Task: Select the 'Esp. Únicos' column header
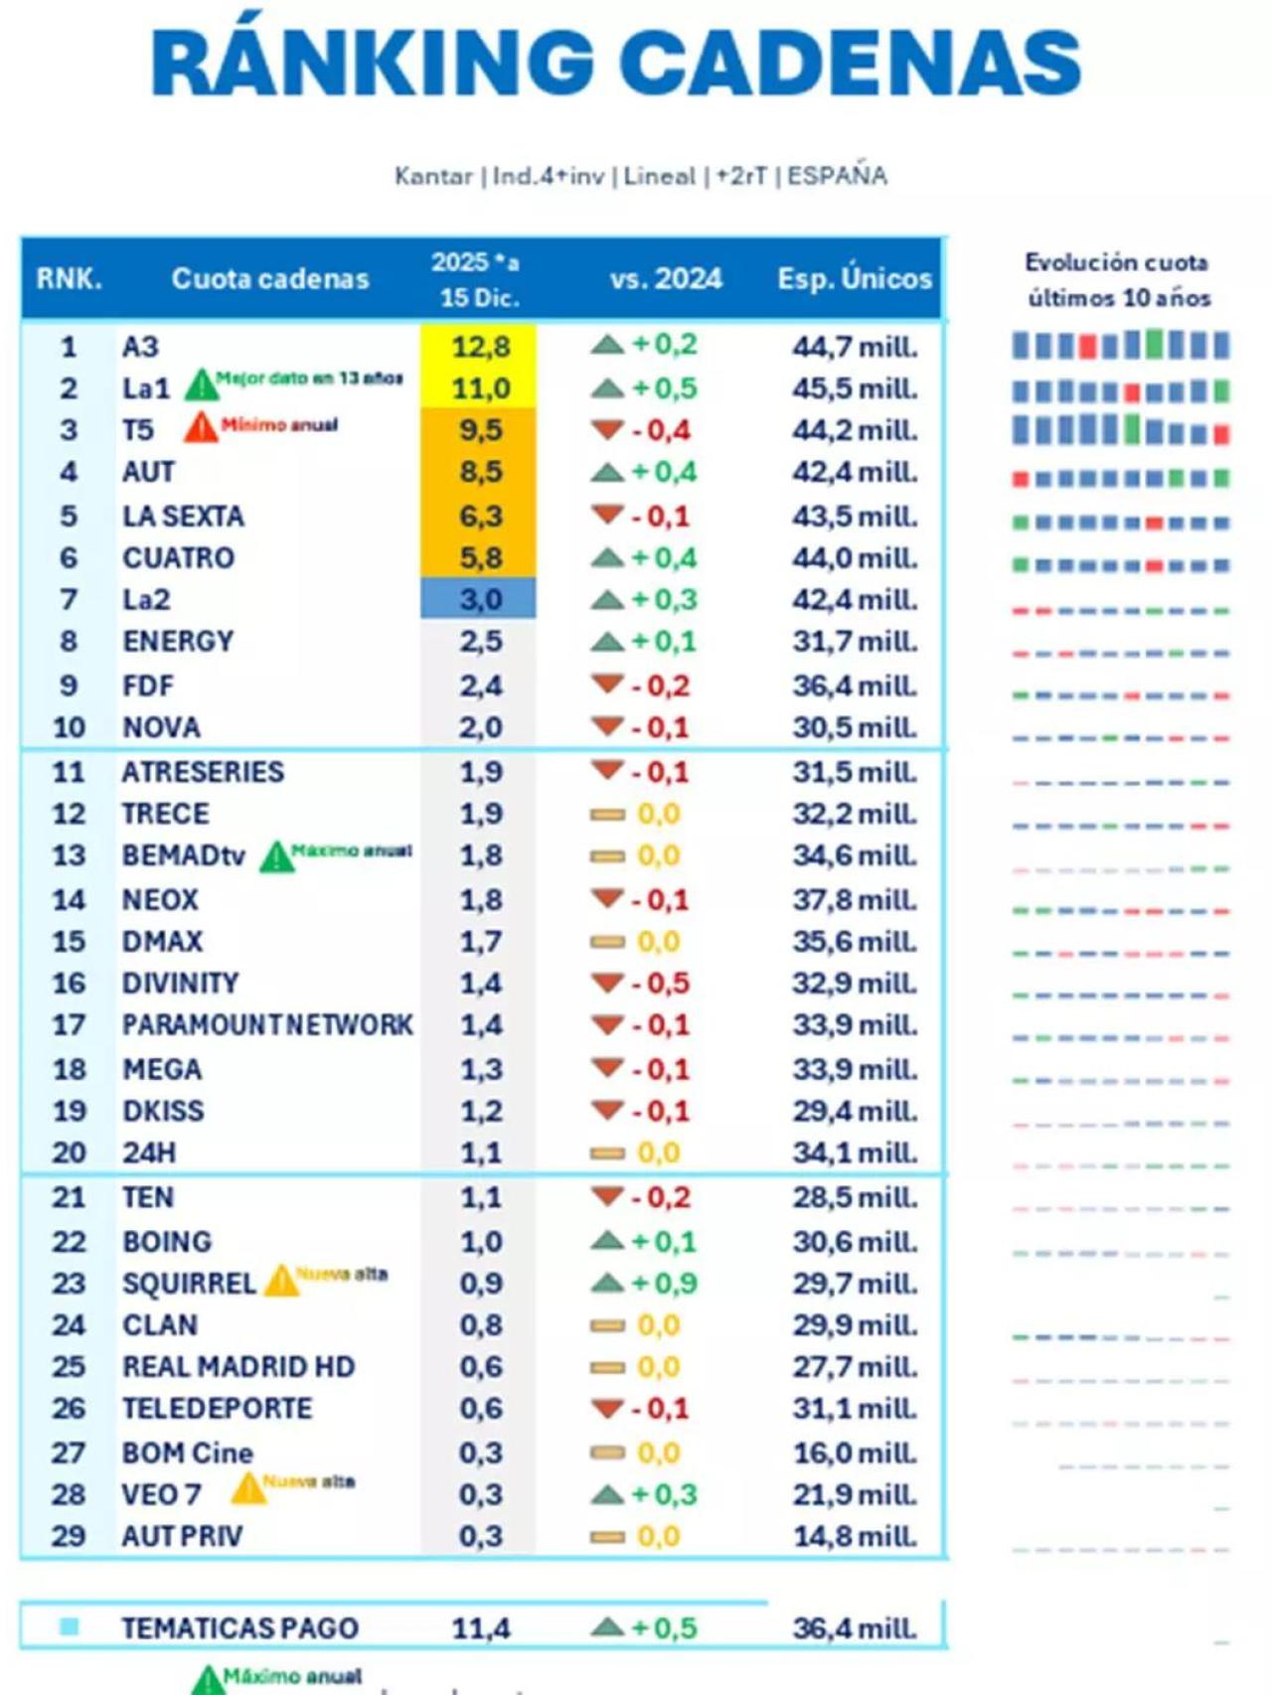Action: pos(855,278)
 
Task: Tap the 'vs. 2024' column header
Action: pos(666,278)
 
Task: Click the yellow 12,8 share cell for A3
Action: pos(479,347)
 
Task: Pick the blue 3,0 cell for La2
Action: pos(479,600)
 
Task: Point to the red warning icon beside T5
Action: pos(201,427)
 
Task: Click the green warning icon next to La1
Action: pos(201,384)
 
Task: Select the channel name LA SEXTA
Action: pos(183,517)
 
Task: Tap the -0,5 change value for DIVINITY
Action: pos(660,984)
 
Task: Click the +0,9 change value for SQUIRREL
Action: pos(664,1284)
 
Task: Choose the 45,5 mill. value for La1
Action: pos(855,388)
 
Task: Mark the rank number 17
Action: pos(69,1025)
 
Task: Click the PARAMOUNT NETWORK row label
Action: pos(266,1025)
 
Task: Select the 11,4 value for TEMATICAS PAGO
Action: pos(481,1628)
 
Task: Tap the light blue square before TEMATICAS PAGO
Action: pos(69,1626)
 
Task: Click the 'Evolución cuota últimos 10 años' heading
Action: pos(1118,280)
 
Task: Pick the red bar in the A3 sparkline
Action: pos(1087,347)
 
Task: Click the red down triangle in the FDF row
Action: pos(606,684)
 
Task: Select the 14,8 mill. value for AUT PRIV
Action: pos(855,1537)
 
